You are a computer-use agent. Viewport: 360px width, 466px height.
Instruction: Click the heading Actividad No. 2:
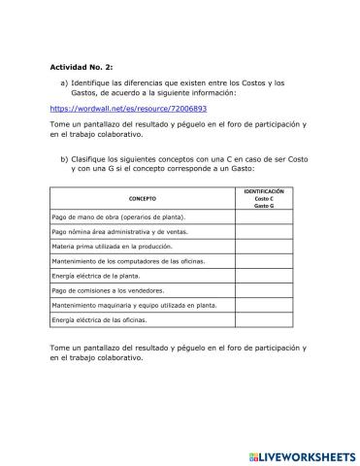click(x=82, y=67)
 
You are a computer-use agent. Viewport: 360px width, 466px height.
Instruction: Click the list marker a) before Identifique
click(x=64, y=83)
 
